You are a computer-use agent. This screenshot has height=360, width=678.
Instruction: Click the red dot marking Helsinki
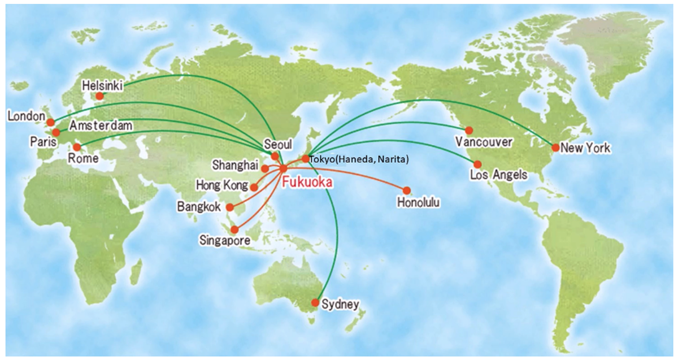pyautogui.click(x=99, y=96)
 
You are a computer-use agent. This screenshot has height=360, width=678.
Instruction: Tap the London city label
pyautogui.click(x=26, y=116)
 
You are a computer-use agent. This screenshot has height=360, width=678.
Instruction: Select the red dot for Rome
pyautogui.click(x=77, y=147)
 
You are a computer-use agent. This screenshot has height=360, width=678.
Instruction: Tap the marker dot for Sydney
pyautogui.click(x=315, y=302)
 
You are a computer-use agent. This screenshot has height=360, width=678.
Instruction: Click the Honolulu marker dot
pyautogui.click(x=406, y=190)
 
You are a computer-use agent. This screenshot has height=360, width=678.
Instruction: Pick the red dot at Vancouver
pyautogui.click(x=469, y=131)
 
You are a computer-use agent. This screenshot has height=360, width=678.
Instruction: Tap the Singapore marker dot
pyautogui.click(x=235, y=229)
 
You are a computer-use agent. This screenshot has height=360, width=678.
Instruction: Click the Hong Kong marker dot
pyautogui.click(x=254, y=186)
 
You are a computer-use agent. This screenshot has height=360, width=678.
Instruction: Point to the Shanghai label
pyautogui.click(x=235, y=166)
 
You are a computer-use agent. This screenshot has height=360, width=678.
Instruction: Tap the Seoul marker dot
pyautogui.click(x=275, y=157)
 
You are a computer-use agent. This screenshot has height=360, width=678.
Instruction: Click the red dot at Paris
pyautogui.click(x=56, y=133)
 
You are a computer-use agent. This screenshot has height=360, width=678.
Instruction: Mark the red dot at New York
pyautogui.click(x=556, y=148)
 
